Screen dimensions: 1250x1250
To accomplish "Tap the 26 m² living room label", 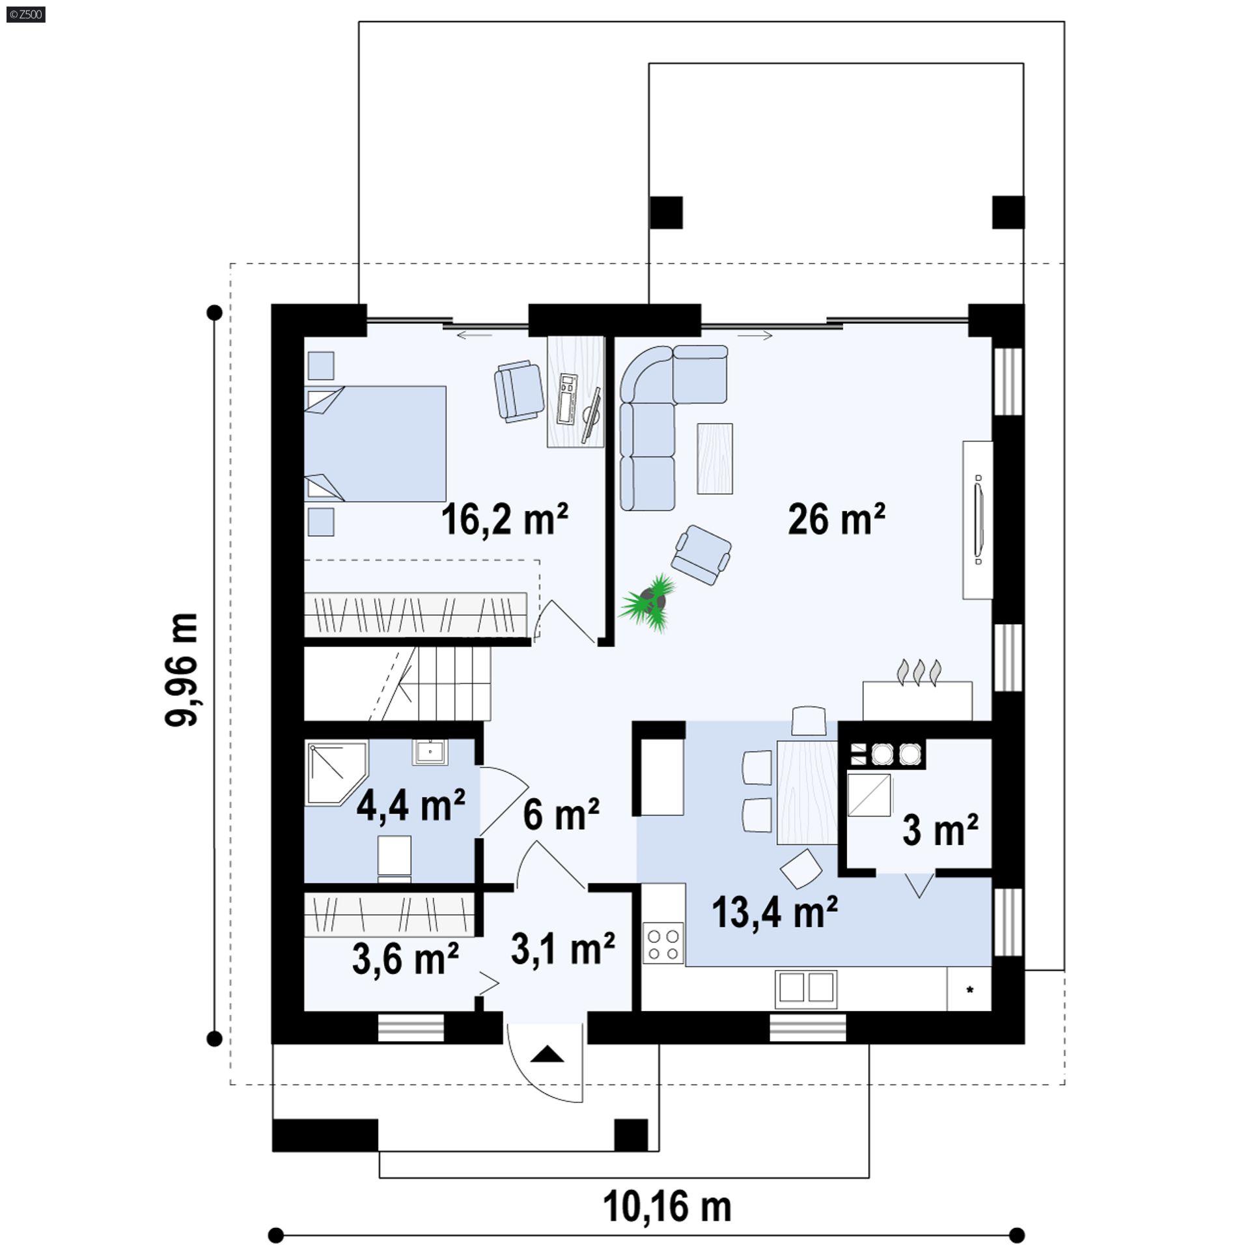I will [836, 519].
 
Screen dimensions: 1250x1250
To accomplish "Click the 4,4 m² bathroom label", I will [410, 805].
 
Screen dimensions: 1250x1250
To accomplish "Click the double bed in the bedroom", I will [376, 444].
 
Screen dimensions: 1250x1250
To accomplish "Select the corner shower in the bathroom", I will [335, 773].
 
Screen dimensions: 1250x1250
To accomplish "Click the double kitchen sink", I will [805, 987].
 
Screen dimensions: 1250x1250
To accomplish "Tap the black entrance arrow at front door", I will [546, 1053].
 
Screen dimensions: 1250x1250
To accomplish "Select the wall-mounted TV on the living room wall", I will [978, 519].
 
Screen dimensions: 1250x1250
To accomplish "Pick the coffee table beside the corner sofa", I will [714, 458].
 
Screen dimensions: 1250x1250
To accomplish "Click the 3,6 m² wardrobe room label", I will [405, 959].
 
